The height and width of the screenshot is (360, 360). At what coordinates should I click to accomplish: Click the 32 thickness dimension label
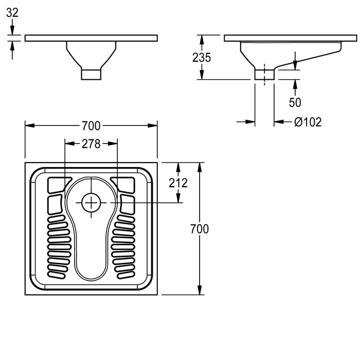click(x=12, y=13)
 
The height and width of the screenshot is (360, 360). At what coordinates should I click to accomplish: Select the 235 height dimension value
click(x=202, y=58)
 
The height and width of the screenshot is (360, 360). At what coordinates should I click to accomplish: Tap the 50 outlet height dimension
click(x=295, y=102)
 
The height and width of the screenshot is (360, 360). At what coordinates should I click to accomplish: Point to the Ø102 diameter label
click(x=308, y=122)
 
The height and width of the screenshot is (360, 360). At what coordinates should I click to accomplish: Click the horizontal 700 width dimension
click(x=91, y=126)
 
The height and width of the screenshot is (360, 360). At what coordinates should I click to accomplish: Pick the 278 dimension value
click(x=91, y=144)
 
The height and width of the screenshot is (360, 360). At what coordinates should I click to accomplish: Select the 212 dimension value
click(x=178, y=183)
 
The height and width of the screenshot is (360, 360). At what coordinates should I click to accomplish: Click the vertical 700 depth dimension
click(x=200, y=229)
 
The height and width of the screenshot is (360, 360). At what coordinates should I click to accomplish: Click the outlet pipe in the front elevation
click(x=91, y=75)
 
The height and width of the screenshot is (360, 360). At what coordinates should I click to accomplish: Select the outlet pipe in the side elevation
click(x=264, y=75)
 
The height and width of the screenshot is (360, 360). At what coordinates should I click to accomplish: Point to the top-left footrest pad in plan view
click(x=58, y=184)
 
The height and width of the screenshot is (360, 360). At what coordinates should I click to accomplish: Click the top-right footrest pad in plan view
click(x=124, y=184)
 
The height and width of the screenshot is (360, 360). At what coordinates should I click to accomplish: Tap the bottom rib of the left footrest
click(x=57, y=275)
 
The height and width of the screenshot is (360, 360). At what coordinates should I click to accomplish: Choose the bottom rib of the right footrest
click(x=126, y=275)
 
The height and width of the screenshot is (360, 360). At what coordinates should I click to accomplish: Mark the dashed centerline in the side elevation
click(x=264, y=75)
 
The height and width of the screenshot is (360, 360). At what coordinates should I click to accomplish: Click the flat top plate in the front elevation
click(x=91, y=38)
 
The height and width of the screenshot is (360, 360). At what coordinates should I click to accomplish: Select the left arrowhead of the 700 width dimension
click(x=30, y=125)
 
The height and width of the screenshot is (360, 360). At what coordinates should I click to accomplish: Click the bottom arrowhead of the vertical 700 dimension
click(x=200, y=290)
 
